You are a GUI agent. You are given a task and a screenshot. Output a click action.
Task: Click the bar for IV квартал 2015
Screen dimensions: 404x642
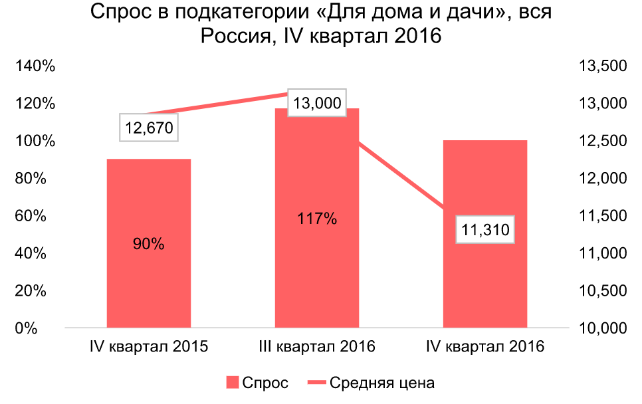coord(149,199)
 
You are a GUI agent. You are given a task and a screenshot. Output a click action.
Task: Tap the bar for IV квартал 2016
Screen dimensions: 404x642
coord(484,186)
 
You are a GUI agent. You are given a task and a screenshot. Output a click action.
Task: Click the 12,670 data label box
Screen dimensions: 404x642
coord(149,128)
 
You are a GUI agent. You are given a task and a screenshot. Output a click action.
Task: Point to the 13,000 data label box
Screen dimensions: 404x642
coord(317,103)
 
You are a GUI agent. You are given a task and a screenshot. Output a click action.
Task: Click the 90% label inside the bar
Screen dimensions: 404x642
coord(149,244)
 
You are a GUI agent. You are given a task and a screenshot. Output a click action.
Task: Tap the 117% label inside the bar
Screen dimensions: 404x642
coord(317,219)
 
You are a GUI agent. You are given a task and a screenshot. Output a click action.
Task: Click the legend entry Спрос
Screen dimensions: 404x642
coord(257,383)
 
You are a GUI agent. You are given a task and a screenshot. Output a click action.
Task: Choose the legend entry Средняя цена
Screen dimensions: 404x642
coord(372,383)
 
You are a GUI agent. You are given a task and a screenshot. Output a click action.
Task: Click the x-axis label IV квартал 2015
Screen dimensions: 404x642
coord(149,347)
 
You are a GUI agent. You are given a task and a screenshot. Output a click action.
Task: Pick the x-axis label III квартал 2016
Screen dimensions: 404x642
coord(317,347)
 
